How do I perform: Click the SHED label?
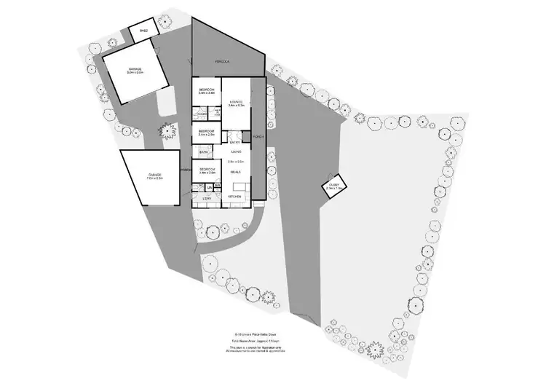pos(143,31)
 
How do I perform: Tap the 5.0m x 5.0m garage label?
pos(135,71)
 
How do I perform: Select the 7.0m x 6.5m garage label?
pos(154,176)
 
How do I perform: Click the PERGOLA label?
pos(222,63)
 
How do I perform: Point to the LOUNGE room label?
pos(235,102)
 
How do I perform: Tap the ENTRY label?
pos(234,142)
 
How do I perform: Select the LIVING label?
pos(236,151)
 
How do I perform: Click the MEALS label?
pos(236,172)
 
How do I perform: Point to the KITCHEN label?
pos(235,197)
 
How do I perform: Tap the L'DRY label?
pos(207,198)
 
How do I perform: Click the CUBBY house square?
pos(334,187)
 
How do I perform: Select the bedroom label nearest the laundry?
pos(207,170)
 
